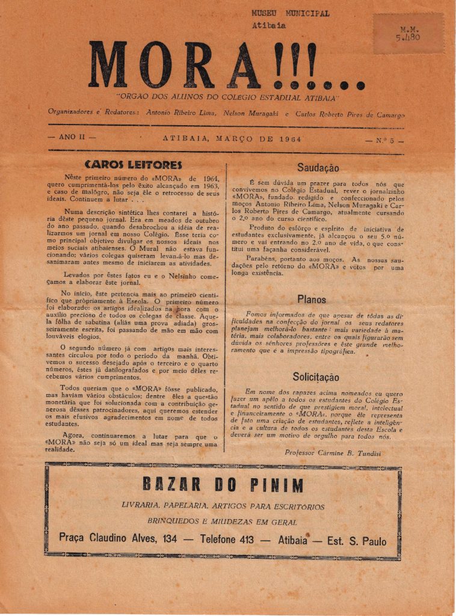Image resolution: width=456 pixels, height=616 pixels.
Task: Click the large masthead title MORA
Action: click(x=174, y=65)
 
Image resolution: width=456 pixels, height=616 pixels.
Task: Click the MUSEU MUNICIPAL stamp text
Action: click(x=291, y=13)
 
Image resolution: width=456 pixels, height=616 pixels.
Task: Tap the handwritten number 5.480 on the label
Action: click(x=408, y=37)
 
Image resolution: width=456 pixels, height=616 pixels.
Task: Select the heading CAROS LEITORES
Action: click(x=134, y=164)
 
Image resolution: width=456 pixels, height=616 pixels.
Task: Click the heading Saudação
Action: click(x=318, y=168)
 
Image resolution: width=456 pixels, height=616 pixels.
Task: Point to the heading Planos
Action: click(x=312, y=299)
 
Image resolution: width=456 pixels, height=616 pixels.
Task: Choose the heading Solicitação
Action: click(x=316, y=377)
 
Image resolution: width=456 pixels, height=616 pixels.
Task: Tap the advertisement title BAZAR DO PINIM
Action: click(x=223, y=485)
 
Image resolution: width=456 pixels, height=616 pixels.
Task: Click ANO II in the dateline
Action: click(x=72, y=137)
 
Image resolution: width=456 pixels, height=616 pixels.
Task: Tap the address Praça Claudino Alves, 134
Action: click(x=118, y=539)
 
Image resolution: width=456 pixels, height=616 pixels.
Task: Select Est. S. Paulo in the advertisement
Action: click(x=357, y=540)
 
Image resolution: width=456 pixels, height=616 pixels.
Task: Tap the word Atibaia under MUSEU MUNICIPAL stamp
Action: click(x=269, y=25)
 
